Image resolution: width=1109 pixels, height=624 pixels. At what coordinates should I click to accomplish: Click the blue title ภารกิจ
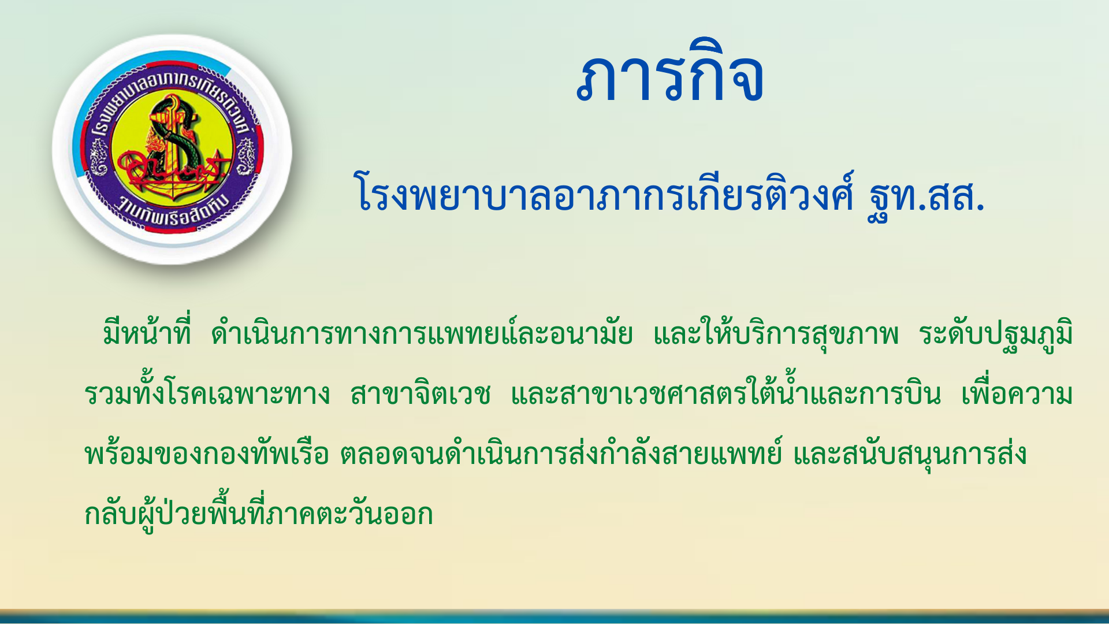[670, 72]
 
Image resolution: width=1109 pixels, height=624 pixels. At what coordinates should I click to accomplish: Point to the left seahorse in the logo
[98, 159]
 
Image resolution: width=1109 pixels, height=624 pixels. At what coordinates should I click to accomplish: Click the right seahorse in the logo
[247, 159]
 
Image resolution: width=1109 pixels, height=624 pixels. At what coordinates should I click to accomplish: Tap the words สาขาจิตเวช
[420, 393]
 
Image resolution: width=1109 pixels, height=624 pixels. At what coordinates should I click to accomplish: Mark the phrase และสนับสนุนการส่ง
[910, 453]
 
